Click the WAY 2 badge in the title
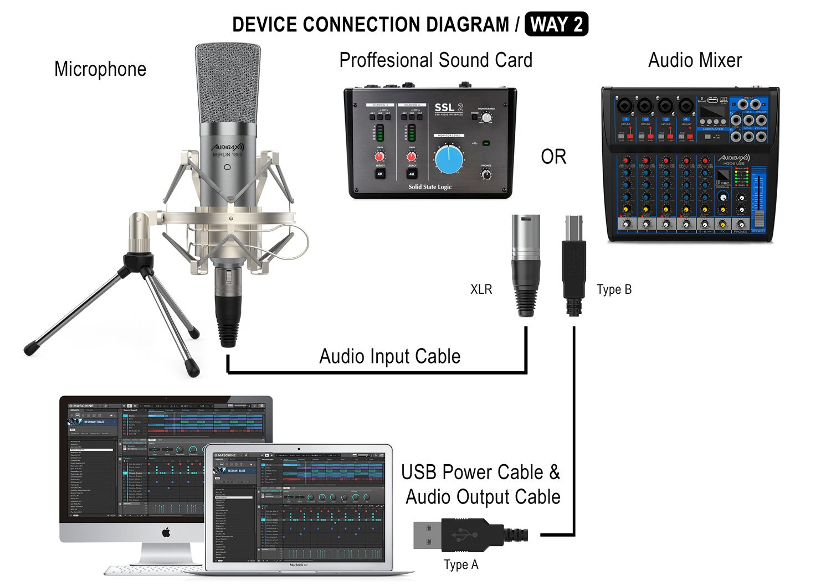tap(556, 25)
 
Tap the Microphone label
tap(100, 69)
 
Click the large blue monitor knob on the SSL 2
tap(449, 159)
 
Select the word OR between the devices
tap(553, 157)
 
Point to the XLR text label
tap(481, 289)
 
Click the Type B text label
tap(614, 289)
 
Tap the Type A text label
tap(461, 565)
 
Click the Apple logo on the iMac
tap(166, 532)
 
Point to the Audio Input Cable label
tap(389, 356)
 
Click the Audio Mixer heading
tap(695, 60)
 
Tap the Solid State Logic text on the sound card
tap(430, 187)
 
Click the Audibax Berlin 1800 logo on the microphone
tap(228, 149)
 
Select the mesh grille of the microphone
tap(228, 83)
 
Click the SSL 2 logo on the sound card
tap(448, 108)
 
